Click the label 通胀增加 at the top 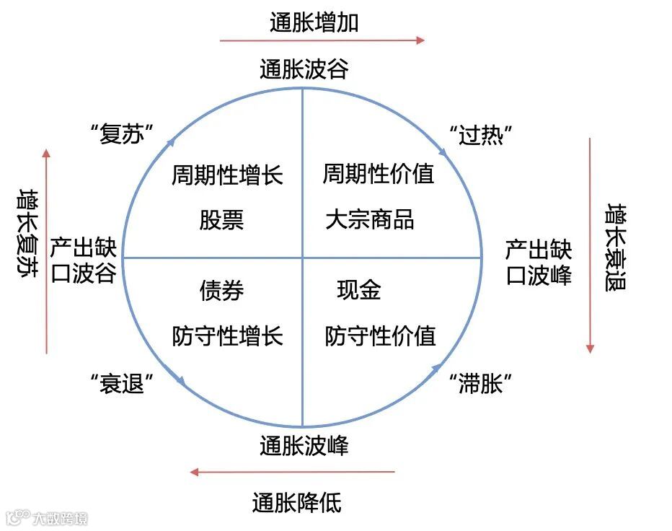tap(314, 22)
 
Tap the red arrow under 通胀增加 tap(322, 40)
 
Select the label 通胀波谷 tap(304, 69)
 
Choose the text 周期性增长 tap(227, 175)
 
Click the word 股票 tap(221, 219)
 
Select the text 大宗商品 tap(370, 219)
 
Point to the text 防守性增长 tap(227, 335)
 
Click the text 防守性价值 tap(381, 335)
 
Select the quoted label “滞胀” tap(480, 384)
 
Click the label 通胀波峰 tap(304, 446)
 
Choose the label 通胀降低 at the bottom tap(296, 501)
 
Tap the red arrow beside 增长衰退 tap(590, 245)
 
